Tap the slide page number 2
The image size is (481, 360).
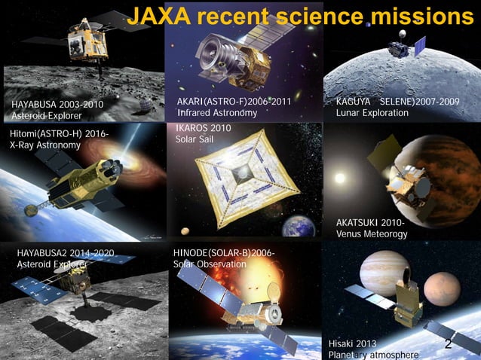click(448, 344)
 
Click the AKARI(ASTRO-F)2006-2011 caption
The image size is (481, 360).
click(233, 101)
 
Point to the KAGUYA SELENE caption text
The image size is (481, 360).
click(397, 102)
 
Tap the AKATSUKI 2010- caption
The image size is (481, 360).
click(369, 223)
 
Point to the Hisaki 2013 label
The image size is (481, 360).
click(353, 343)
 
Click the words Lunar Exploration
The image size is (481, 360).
click(372, 113)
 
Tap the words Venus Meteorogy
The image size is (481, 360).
click(371, 234)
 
